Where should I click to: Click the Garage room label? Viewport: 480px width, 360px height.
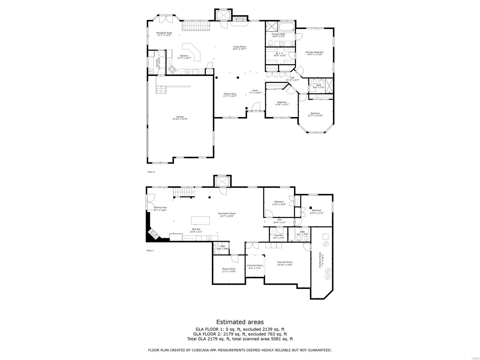pyautogui.click(x=180, y=117)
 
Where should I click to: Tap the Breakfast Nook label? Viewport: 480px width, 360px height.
pyautogui.click(x=164, y=33)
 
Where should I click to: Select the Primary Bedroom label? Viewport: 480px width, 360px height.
pyautogui.click(x=314, y=52)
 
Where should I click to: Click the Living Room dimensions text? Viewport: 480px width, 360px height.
pyautogui.click(x=239, y=49)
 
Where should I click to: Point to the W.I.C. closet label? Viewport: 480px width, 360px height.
pyautogui.click(x=279, y=53)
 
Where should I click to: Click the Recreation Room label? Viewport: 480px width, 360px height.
pyautogui.click(x=227, y=213)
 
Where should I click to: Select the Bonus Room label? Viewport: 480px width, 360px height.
pyautogui.click(x=229, y=268)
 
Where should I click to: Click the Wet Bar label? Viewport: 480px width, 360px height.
pyautogui.click(x=196, y=229)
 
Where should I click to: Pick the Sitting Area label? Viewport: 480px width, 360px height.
pyautogui.click(x=160, y=207)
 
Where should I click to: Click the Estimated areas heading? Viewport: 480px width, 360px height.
pyautogui.click(x=240, y=322)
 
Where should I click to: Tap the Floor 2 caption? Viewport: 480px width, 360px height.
pyautogui.click(x=151, y=172)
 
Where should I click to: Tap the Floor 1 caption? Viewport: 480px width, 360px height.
pyautogui.click(x=150, y=250)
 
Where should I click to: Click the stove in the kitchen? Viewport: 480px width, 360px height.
pyautogui.click(x=172, y=70)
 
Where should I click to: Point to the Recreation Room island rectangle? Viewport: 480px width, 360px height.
pyautogui.click(x=200, y=220)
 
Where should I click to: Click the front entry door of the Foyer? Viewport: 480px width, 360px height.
pyautogui.click(x=256, y=107)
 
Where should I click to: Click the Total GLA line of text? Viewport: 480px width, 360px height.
pyautogui.click(x=240, y=339)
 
